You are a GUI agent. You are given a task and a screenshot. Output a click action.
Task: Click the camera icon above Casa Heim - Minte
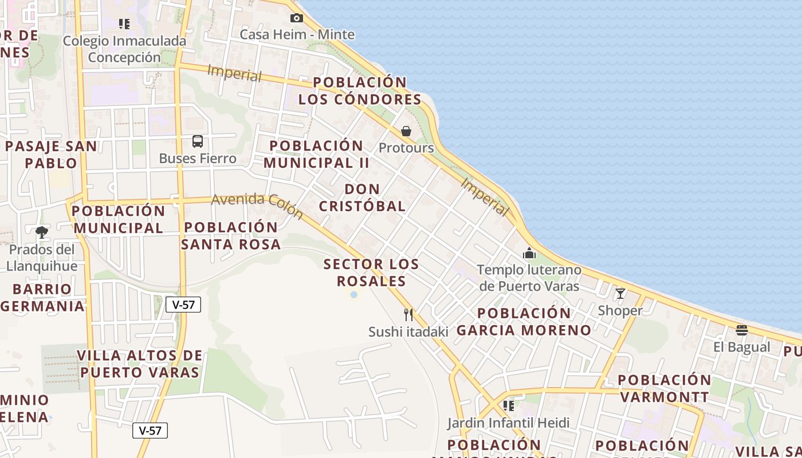[x=297, y=18]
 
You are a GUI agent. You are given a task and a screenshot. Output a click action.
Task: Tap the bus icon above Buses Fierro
[x=198, y=141]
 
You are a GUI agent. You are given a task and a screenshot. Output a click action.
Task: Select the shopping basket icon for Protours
[x=406, y=131]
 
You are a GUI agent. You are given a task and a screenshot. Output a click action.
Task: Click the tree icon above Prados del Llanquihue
[x=41, y=232]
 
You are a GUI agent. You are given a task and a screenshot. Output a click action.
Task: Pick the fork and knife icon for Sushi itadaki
[x=408, y=314]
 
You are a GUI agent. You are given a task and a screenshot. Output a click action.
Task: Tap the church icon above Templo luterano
[x=529, y=252]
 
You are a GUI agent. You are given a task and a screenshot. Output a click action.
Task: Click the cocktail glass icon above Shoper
[x=620, y=294]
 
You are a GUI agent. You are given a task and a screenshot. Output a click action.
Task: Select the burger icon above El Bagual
[x=742, y=330]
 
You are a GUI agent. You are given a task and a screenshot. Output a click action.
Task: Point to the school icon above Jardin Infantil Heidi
[x=508, y=406]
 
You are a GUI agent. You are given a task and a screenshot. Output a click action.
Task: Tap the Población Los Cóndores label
[x=360, y=90]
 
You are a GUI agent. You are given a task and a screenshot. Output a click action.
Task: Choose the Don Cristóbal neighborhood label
[x=362, y=198]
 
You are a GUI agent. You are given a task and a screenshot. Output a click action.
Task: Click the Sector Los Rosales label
[x=371, y=273]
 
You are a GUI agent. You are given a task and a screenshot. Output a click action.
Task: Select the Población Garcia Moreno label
[x=524, y=322]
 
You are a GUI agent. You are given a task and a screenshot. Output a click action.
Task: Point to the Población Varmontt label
[x=665, y=388]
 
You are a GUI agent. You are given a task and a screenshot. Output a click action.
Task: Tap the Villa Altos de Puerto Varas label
[x=140, y=364]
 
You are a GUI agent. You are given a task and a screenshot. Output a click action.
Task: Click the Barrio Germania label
[x=42, y=297]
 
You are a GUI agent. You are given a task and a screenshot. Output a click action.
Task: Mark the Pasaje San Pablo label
[x=51, y=155]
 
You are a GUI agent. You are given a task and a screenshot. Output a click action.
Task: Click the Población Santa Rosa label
[x=231, y=235]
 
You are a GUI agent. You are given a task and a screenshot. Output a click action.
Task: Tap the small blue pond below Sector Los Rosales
[x=354, y=295]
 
